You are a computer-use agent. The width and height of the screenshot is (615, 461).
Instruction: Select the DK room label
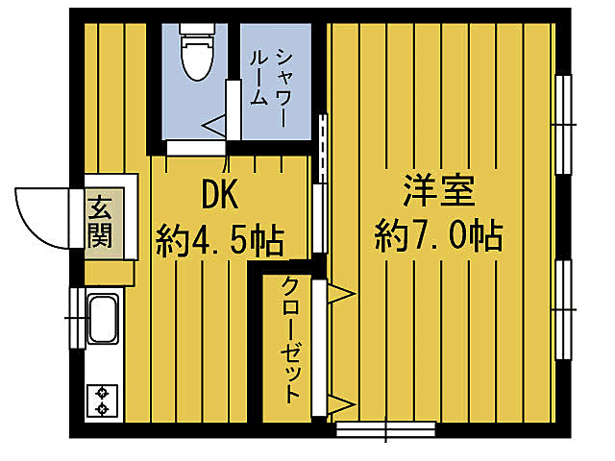(x=220, y=195)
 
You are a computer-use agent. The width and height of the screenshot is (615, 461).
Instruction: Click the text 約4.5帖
(x=220, y=239)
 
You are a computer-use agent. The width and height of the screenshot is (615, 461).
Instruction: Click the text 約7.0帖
(x=438, y=234)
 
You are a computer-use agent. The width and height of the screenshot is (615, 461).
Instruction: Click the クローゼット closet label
(x=291, y=341)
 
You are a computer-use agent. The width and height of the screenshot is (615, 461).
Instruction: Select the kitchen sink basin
(x=101, y=320)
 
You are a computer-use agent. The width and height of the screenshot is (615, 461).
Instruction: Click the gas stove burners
(x=101, y=400)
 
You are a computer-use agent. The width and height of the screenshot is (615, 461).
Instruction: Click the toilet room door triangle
(x=214, y=125)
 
